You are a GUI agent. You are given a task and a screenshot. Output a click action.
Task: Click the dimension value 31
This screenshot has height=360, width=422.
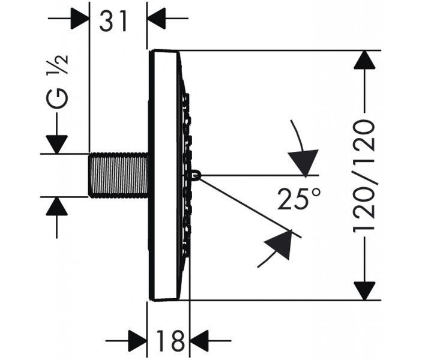coord(113,21)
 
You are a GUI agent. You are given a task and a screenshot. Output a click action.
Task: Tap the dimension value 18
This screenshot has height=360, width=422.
coord(170,341)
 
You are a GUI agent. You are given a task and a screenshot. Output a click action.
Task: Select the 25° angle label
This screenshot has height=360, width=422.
coord(299,199)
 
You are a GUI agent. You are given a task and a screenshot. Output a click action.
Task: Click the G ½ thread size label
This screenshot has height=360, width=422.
coord(57,81)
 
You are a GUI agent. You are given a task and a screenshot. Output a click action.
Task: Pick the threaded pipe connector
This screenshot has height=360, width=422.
coord(118,175)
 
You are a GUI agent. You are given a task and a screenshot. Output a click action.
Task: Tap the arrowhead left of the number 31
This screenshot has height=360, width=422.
coord(80,18)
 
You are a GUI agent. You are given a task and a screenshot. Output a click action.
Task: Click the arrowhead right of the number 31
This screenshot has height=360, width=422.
coord(156,18)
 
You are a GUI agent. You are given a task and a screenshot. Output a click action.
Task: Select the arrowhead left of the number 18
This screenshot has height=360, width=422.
coord(137,341)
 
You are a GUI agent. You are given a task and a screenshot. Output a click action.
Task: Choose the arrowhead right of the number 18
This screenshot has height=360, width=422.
coord(199,341)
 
